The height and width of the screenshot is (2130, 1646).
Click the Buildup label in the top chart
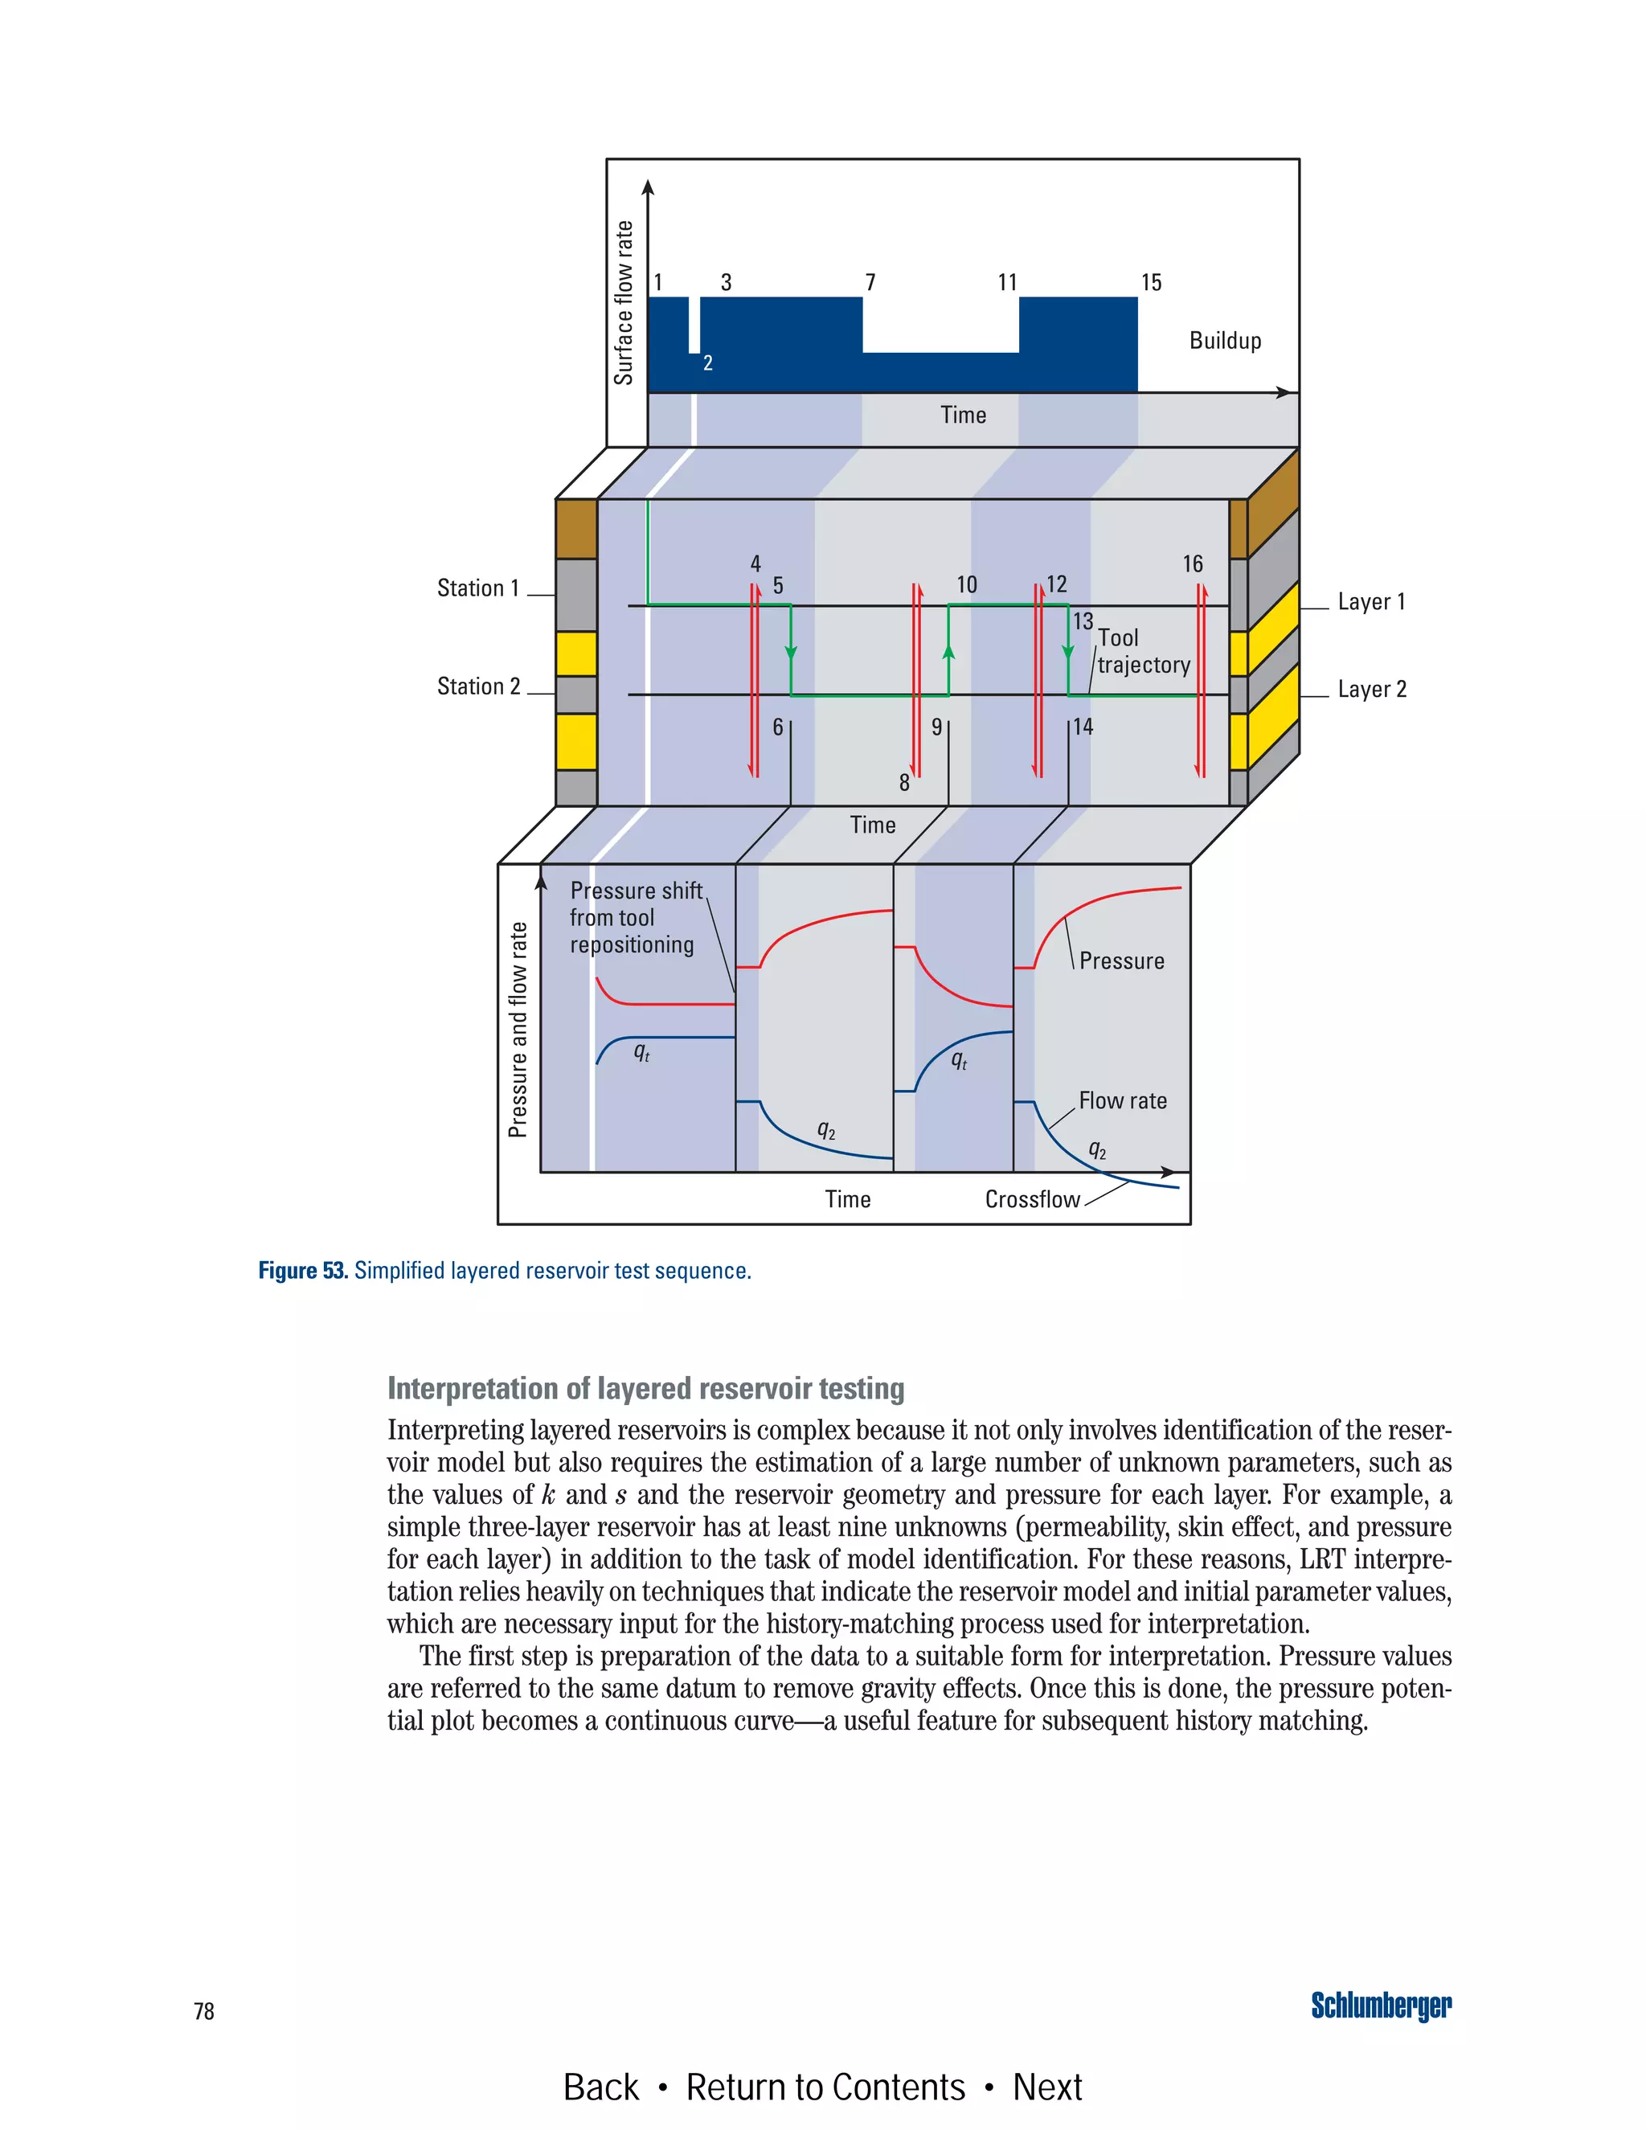[1225, 340]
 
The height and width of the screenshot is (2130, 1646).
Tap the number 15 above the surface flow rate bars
[1151, 283]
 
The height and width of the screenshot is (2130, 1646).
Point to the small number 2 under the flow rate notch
[708, 363]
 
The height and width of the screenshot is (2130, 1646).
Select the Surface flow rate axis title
[623, 302]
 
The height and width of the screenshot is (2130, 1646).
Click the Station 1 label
[478, 588]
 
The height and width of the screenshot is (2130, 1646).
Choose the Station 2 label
[479, 686]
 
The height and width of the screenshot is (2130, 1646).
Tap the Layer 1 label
[1371, 602]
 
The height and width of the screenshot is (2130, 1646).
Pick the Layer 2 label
[1372, 690]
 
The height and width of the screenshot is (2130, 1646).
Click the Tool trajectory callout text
[1143, 652]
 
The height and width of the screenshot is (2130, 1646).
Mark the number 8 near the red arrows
[904, 783]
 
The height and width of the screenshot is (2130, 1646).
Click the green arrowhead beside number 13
[1068, 652]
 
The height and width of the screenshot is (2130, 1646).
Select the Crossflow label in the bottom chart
[1032, 1199]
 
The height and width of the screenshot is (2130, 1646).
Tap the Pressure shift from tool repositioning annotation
[634, 918]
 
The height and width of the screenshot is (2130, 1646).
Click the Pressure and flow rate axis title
[518, 1029]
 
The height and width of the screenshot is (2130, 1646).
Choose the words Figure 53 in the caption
[302, 1271]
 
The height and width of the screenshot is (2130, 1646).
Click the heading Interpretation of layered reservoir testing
[645, 1388]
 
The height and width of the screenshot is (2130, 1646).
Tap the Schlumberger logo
[1380, 2006]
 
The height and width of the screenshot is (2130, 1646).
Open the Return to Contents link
[825, 2087]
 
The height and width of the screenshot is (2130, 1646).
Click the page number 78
[204, 2011]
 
